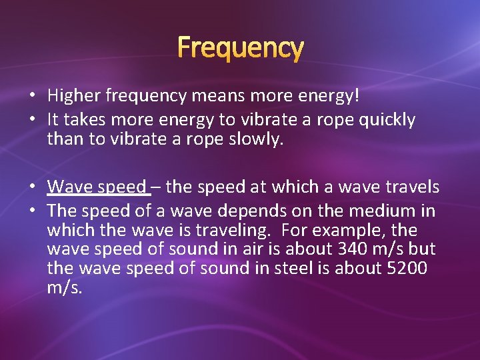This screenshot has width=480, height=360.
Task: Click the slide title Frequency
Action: (240, 48)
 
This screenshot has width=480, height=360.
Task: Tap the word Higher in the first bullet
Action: (74, 97)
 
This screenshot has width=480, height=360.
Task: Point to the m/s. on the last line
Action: (65, 287)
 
